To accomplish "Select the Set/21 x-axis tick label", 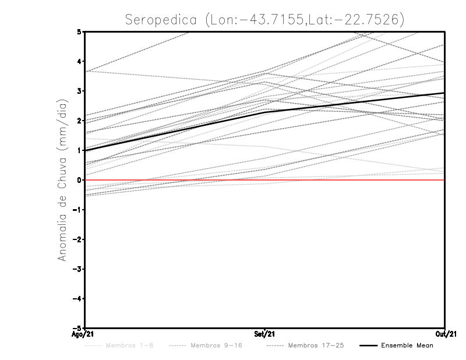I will (265, 334).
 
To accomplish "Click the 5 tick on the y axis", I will (79, 31).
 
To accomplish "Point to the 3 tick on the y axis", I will (79, 91).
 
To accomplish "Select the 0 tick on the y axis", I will (79, 180).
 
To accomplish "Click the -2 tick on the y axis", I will (77, 239).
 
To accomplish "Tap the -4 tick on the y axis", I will (77, 298).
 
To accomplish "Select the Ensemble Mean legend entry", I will (407, 345).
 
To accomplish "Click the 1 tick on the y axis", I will (79, 150).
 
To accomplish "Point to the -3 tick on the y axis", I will (77, 269).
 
